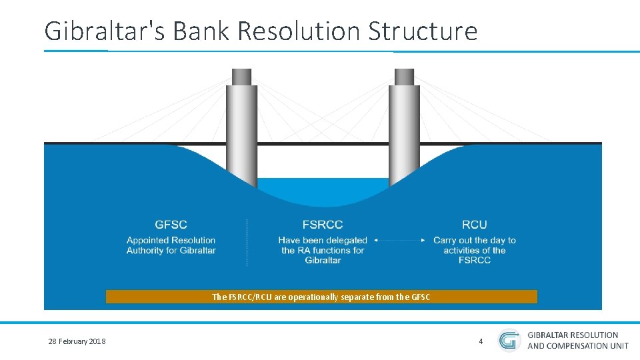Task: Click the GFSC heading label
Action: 171,225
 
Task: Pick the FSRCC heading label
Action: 323,225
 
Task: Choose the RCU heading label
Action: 474,225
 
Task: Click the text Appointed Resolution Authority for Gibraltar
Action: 171,245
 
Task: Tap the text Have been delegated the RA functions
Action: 323,250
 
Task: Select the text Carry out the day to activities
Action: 474,250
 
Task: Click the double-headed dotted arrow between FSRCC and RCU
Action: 399,240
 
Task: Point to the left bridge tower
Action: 241,133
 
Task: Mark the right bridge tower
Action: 404,133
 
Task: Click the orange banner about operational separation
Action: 321,297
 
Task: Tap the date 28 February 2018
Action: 77,342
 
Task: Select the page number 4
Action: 481,341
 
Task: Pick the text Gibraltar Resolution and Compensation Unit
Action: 577,340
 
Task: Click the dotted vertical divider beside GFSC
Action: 247,242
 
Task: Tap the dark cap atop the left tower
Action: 241,77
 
